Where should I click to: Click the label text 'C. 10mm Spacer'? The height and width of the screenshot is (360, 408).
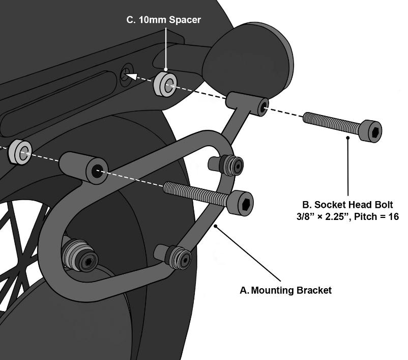pos(163,20)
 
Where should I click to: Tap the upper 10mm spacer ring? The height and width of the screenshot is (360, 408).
pos(165,83)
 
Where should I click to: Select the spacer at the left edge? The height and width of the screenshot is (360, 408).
pos(20,151)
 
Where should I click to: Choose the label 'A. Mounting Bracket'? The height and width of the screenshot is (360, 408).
pos(285,290)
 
